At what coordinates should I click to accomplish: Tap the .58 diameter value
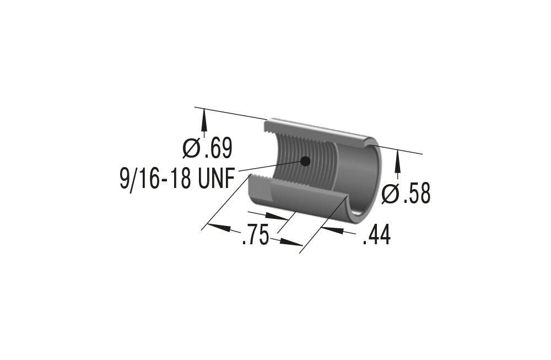(x=415, y=194)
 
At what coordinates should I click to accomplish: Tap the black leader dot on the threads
(x=304, y=160)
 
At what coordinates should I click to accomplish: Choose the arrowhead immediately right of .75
(x=290, y=241)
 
